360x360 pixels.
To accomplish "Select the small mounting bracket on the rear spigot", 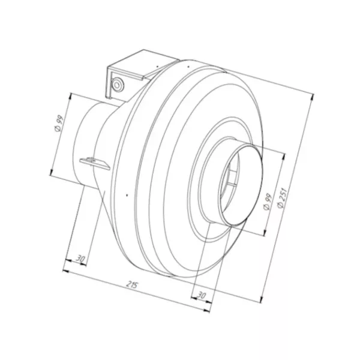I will (92, 161).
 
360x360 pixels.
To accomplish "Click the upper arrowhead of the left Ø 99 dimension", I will (71, 94).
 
